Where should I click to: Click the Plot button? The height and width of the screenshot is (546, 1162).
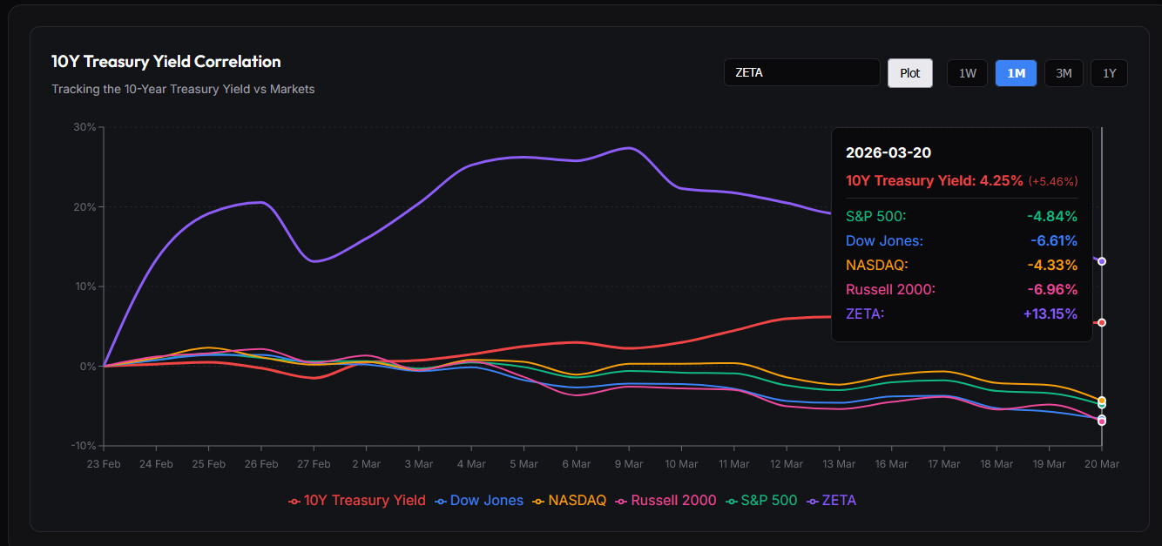[x=909, y=73]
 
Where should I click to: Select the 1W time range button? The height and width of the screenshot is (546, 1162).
[x=967, y=73]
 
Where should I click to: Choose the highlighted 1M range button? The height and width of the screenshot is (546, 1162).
[x=1016, y=73]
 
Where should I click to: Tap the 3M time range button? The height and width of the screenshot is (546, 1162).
[x=1063, y=73]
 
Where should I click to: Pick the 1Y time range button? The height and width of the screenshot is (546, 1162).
[x=1109, y=73]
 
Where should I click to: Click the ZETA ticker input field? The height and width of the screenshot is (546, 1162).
[x=801, y=72]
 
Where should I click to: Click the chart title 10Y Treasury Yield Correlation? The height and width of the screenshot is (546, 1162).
[x=166, y=62]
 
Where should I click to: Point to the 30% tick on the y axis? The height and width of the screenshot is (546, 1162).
[x=84, y=127]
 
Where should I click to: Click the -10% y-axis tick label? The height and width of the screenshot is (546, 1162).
[x=83, y=446]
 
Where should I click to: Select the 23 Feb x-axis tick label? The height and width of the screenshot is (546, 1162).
[x=104, y=464]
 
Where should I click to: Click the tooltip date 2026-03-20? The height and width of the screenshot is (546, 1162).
[x=888, y=152]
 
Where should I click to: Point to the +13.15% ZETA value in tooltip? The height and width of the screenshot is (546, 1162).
[x=1050, y=313]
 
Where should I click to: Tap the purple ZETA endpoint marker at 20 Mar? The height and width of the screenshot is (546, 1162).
[x=1102, y=261]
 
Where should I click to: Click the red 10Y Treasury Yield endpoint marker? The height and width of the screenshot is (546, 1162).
[x=1102, y=322]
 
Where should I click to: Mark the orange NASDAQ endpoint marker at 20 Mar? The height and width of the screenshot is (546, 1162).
[x=1102, y=401]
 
